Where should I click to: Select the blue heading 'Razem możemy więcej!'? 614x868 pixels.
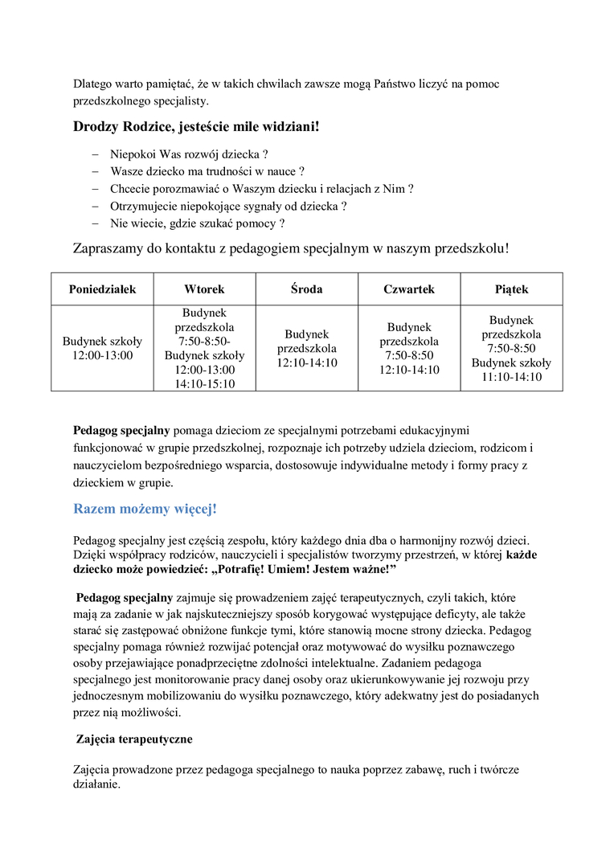(x=145, y=509)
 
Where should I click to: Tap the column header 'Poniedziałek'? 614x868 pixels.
(x=102, y=289)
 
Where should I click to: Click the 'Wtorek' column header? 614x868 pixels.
(x=204, y=289)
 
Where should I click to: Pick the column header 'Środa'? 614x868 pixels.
(x=306, y=289)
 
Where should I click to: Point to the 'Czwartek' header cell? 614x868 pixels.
(x=409, y=289)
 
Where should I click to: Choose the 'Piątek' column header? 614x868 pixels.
(x=511, y=289)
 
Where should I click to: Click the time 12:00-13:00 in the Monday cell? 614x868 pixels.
(x=102, y=355)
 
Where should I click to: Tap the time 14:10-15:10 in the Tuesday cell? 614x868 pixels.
(x=204, y=384)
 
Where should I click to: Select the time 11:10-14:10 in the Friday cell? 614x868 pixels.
(x=511, y=377)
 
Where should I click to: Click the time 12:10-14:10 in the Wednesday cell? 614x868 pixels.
(x=306, y=363)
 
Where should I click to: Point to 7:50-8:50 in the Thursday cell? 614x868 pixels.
(x=409, y=355)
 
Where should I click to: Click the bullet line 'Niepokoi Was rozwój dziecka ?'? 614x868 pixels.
(x=189, y=154)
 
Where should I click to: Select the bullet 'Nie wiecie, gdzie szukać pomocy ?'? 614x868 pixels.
(x=197, y=223)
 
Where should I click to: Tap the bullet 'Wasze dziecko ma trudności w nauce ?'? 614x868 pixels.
(x=207, y=171)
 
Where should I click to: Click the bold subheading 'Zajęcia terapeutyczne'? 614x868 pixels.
(x=134, y=739)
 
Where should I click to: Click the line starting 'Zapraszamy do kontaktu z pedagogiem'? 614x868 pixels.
(x=291, y=248)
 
